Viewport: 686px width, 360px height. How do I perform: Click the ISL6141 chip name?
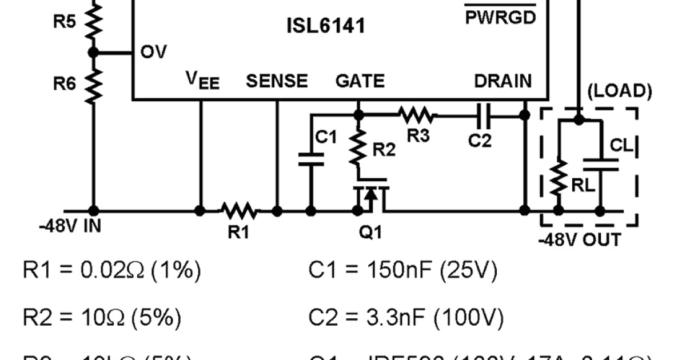coord(325,26)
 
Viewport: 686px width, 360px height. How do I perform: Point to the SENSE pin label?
coord(277,82)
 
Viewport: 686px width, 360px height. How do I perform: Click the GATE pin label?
coord(360,82)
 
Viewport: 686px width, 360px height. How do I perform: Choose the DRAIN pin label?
coord(502,82)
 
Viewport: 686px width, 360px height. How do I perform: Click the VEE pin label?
coord(202,82)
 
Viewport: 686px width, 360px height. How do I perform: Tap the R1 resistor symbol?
coord(240,211)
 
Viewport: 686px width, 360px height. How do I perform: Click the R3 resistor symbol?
coord(418,115)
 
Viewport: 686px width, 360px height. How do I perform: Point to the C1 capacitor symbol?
coord(312,159)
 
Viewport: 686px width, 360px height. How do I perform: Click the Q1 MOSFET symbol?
coord(371,197)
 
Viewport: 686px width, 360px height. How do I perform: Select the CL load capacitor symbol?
coord(600,165)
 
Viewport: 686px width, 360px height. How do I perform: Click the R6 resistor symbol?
coord(93,84)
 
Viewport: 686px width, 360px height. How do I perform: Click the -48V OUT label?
coord(579,239)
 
